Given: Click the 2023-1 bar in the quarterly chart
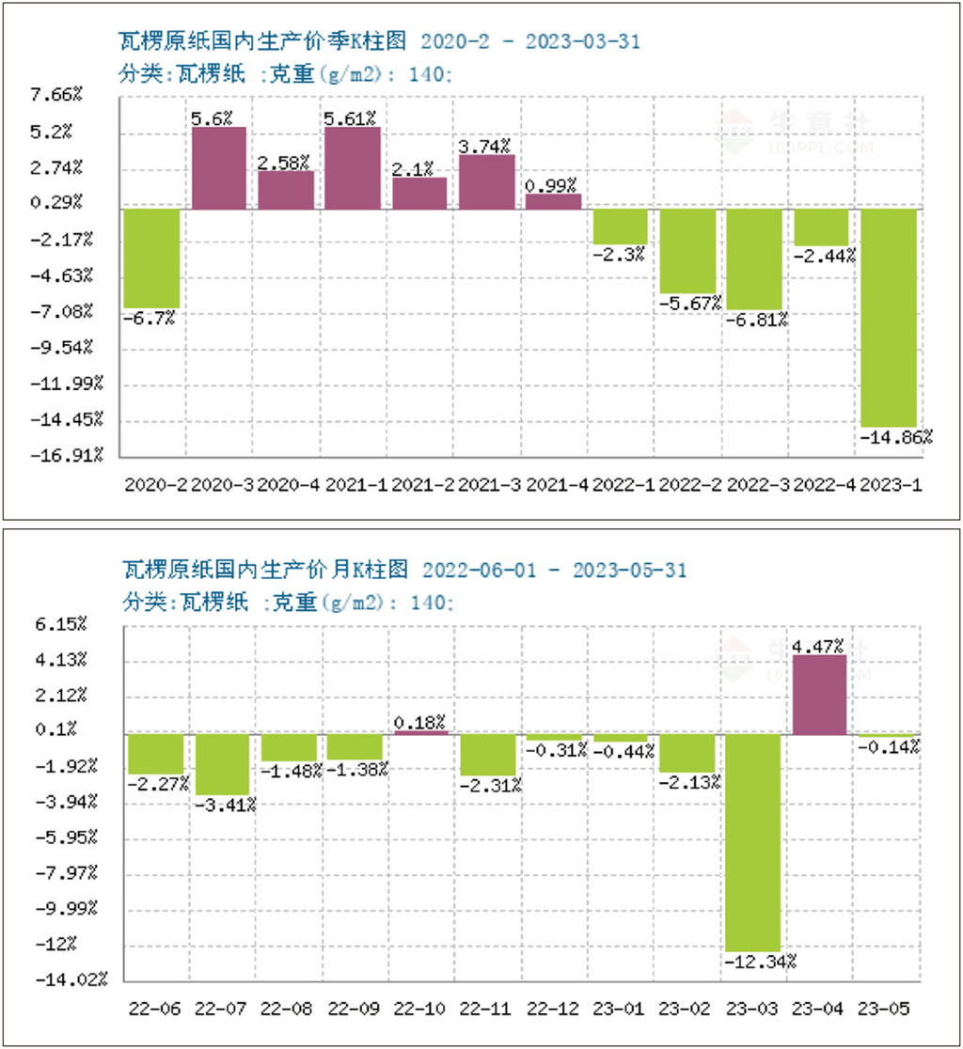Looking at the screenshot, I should click(x=889, y=318).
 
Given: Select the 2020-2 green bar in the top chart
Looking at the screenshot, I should click(x=151, y=258).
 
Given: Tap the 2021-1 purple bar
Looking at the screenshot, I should click(x=353, y=167).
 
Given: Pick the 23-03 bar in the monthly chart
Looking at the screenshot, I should click(x=753, y=842).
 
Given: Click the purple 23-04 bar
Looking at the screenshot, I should click(x=820, y=695).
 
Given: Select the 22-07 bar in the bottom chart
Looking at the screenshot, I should click(x=223, y=764).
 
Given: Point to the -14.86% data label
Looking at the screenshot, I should click(x=896, y=437).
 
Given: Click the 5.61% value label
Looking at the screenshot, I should click(x=351, y=117).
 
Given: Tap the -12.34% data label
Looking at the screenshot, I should click(x=761, y=961).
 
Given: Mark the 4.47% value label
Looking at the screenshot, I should click(x=819, y=646).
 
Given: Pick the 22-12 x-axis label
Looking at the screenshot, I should click(x=553, y=1010).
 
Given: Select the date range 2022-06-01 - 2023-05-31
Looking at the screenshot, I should click(x=554, y=570).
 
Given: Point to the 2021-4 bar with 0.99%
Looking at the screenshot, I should click(x=553, y=201).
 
